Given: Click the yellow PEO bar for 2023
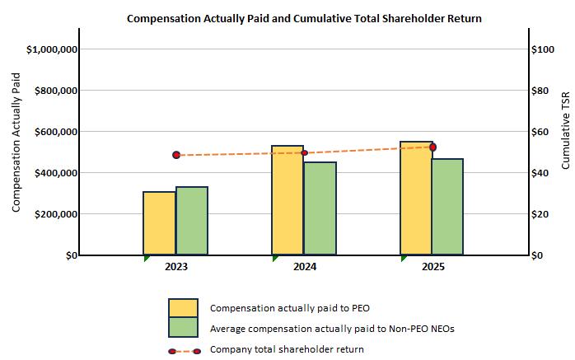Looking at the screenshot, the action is (160, 223).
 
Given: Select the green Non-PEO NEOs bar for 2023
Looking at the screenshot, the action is (192, 221).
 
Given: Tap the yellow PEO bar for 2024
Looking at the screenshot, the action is (287, 200).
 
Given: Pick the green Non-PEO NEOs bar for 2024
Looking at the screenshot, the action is (320, 208).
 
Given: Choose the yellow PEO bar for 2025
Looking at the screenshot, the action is (416, 198).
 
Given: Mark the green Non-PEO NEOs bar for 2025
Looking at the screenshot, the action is (448, 207).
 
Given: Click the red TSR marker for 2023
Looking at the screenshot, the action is (176, 155).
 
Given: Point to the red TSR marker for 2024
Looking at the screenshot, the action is (304, 152).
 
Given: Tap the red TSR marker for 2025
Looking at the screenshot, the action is (433, 147).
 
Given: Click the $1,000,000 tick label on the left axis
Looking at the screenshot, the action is (52, 49).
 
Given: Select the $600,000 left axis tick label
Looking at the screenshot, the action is (56, 132).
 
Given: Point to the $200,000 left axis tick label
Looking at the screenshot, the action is (56, 214).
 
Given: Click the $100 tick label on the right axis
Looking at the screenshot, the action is (543, 49).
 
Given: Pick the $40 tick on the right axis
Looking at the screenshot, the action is (540, 173).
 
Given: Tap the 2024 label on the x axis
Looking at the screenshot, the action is (305, 267).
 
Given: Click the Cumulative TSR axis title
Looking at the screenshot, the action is (565, 130).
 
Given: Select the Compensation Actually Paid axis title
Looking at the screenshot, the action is (16, 143).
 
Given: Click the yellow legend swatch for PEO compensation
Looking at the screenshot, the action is (184, 308).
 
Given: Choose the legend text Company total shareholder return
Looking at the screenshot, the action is (287, 349).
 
